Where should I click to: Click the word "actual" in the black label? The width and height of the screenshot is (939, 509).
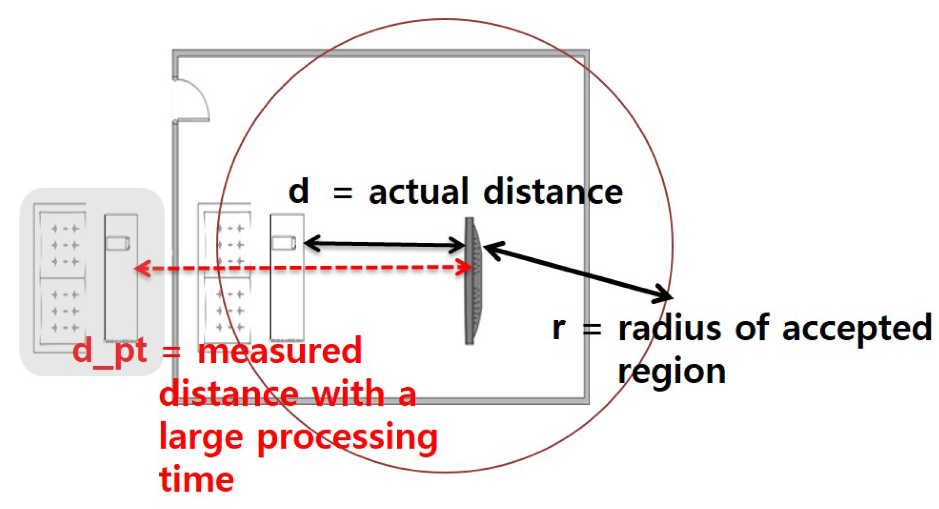(418, 192)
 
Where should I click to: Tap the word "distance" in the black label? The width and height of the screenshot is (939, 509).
(553, 192)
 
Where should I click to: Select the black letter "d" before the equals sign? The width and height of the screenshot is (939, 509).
(298, 191)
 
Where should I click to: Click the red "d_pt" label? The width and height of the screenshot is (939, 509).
(109, 352)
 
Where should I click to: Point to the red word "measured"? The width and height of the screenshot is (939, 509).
(280, 351)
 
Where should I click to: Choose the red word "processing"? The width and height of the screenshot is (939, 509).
(347, 438)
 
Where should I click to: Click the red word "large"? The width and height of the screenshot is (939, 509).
(200, 438)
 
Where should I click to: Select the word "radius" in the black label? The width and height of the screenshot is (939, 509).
(669, 329)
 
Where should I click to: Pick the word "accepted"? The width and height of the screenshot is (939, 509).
(857, 329)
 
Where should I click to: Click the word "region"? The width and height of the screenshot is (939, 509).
(671, 372)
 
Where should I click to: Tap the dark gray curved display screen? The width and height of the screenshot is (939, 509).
(472, 281)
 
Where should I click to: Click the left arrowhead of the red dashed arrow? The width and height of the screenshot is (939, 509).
(142, 268)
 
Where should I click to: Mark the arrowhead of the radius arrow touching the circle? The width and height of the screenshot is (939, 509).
(663, 294)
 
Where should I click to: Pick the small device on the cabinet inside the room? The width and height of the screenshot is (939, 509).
(284, 243)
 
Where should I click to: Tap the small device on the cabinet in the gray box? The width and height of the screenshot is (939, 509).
(118, 243)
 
